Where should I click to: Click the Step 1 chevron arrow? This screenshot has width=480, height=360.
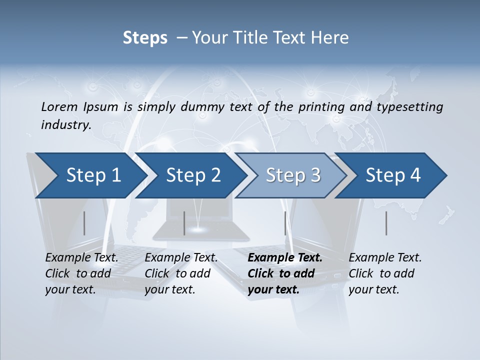tap(93, 175)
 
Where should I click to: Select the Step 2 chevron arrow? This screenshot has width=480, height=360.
tap(193, 175)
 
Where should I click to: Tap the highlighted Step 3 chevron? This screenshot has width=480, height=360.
tap(293, 175)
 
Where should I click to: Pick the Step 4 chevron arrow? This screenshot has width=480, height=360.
tap(393, 175)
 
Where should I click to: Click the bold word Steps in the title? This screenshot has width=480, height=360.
tap(145, 37)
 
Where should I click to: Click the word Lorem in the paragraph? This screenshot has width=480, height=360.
tap(59, 106)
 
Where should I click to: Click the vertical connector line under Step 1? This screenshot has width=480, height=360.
tap(84, 223)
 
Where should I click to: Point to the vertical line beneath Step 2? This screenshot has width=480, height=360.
tap(184, 223)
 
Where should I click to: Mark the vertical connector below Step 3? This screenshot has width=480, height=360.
tap(285, 223)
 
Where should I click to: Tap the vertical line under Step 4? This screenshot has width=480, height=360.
tap(386, 223)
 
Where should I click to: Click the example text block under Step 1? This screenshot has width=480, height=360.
tap(81, 273)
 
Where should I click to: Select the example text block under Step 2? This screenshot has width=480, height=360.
tap(180, 273)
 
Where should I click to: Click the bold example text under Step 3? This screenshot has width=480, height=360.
tap(284, 273)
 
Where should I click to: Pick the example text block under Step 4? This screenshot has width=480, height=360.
tap(384, 273)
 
